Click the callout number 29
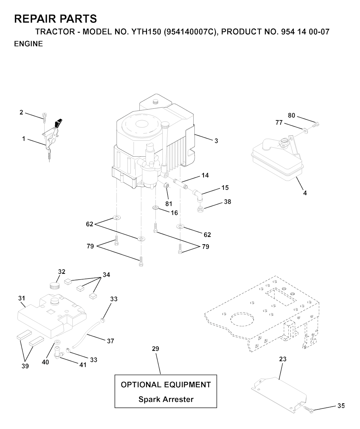tap(155, 348)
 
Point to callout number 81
tap(169, 204)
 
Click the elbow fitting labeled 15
tap(198, 195)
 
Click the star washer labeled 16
tap(155, 208)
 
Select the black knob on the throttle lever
tap(58, 123)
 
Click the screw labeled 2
tap(44, 118)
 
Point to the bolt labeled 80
tap(316, 124)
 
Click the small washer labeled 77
tap(305, 130)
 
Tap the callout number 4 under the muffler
tap(305, 193)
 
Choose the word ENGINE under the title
tap(28, 44)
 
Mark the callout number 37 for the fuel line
tap(111, 341)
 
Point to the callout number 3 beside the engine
tap(216, 141)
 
